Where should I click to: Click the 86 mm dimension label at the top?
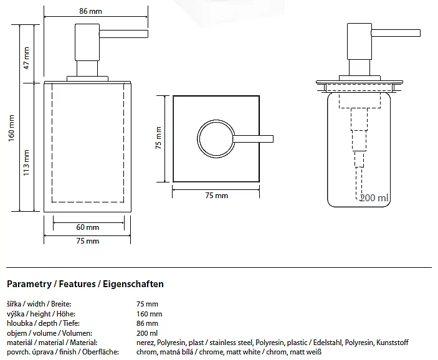90,11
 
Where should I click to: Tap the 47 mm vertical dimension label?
26,58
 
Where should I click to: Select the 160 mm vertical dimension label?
11,128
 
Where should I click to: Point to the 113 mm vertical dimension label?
26,163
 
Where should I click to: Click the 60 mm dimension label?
87,227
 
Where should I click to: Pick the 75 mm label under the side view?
87,241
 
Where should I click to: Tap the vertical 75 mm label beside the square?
158,138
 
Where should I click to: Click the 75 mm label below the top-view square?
216,196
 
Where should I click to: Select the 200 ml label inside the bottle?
374,198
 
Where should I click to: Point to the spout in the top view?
253,139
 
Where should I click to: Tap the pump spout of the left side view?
123,34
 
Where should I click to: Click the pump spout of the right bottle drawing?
396,33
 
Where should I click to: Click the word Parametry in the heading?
29,284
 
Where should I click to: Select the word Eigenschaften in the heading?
133,284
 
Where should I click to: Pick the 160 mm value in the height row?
149,314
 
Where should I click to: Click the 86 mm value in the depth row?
147,323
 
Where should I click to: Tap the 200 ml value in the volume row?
147,333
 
